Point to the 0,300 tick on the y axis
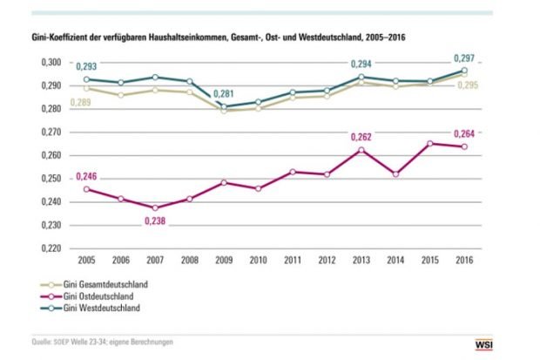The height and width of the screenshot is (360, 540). [x=51, y=64]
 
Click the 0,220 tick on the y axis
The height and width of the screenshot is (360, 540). [x=51, y=248]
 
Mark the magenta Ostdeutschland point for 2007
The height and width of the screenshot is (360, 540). [x=154, y=207]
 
